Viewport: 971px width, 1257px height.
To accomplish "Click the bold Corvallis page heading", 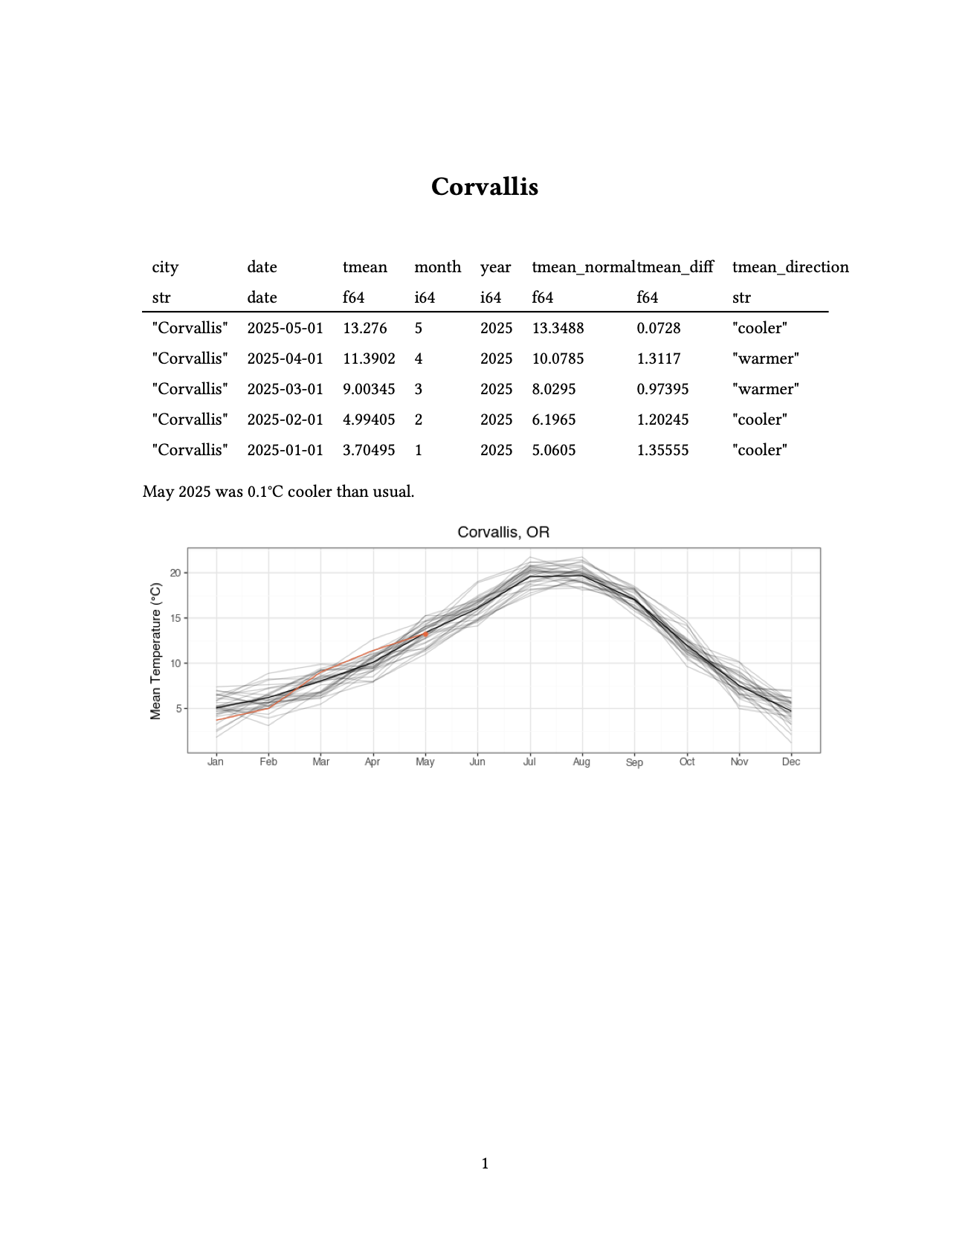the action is coord(485,187).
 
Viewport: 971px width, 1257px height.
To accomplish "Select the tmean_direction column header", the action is coord(790,267).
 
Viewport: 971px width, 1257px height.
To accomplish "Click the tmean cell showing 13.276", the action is coord(364,328).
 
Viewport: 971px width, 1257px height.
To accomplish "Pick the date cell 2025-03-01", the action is coord(285,389).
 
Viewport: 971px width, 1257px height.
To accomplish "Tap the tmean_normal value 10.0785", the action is coord(558,359).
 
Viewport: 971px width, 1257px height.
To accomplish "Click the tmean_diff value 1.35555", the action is coord(662,450).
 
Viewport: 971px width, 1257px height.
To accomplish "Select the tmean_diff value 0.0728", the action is coord(658,328).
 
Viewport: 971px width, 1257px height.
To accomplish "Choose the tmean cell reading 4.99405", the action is coord(369,419).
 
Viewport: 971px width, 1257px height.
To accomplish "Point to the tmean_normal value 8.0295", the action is coord(554,389).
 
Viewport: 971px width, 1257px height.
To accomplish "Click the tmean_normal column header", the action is coord(583,267).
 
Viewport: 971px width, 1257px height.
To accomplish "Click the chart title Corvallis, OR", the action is coord(503,532).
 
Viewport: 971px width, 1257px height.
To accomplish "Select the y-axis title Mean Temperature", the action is coord(155,651).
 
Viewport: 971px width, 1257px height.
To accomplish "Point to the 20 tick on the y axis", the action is coord(175,573).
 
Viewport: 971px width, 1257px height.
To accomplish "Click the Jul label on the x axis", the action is coord(529,762).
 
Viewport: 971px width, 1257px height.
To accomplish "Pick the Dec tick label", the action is coord(791,762).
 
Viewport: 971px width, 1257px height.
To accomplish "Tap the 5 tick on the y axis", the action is coord(178,709).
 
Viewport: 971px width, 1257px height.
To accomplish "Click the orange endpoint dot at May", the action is coord(426,634).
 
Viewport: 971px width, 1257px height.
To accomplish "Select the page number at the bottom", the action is coord(485,1163).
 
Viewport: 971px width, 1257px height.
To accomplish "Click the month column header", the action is coord(437,267).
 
